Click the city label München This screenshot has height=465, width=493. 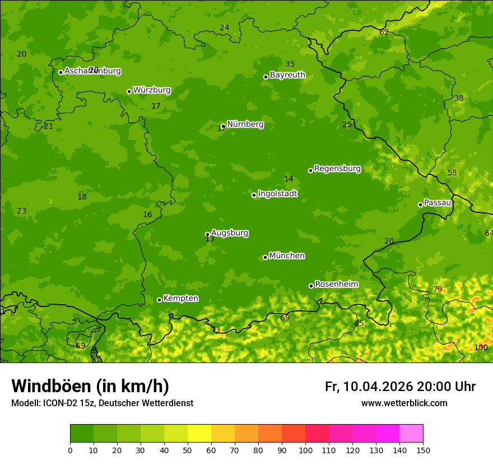click(x=286, y=256)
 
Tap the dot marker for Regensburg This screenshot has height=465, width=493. click(x=310, y=170)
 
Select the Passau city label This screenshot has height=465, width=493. click(x=437, y=203)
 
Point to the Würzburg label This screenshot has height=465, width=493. click(x=151, y=90)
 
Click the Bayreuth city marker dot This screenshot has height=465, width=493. click(x=266, y=77)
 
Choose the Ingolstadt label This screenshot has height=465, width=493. click(x=277, y=194)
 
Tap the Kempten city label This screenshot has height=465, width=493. click(x=180, y=299)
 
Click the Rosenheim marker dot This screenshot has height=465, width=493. click(x=311, y=286)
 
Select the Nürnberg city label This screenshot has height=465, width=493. click(x=245, y=124)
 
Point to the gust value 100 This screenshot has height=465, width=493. click(x=481, y=347)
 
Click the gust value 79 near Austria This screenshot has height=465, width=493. click(x=438, y=290)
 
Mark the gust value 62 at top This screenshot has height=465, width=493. click(x=384, y=32)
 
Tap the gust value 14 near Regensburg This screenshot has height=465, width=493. click(x=289, y=179)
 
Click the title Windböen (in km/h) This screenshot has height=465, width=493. click(x=90, y=386)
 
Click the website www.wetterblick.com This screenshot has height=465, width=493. click(x=404, y=403)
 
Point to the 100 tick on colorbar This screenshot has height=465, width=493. click(x=305, y=450)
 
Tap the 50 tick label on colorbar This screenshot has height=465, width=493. click(x=188, y=450)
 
